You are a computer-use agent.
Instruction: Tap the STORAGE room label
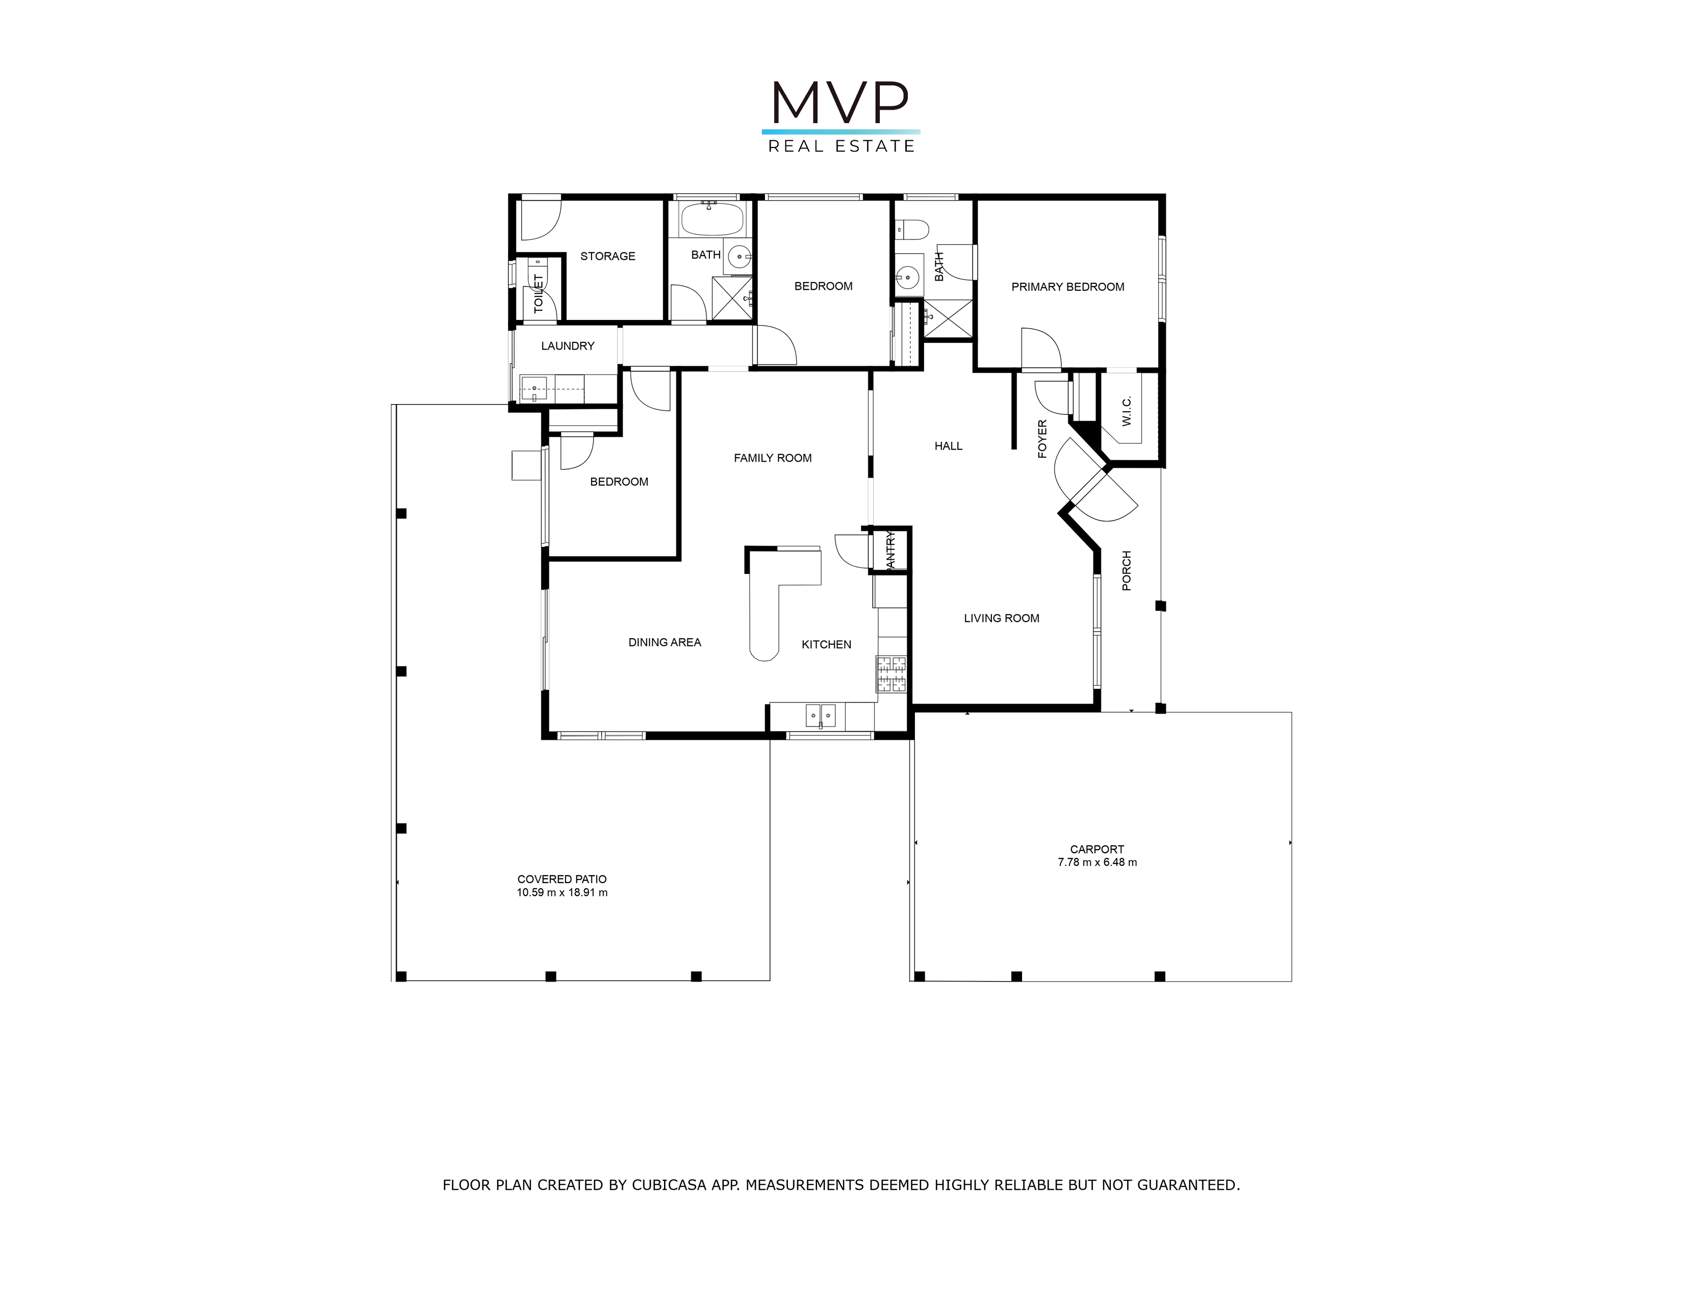click(607, 256)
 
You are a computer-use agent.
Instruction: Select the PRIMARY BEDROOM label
click(1067, 287)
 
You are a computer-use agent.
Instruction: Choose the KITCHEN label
click(826, 644)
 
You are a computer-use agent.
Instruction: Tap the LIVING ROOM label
click(1001, 618)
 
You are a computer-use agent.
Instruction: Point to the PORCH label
click(1127, 570)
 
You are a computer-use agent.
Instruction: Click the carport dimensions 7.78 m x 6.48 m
click(1098, 862)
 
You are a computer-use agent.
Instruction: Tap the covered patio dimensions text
click(562, 892)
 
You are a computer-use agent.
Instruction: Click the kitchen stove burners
click(891, 674)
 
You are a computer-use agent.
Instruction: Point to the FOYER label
click(1042, 439)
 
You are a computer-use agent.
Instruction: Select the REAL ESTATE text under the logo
click(841, 146)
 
